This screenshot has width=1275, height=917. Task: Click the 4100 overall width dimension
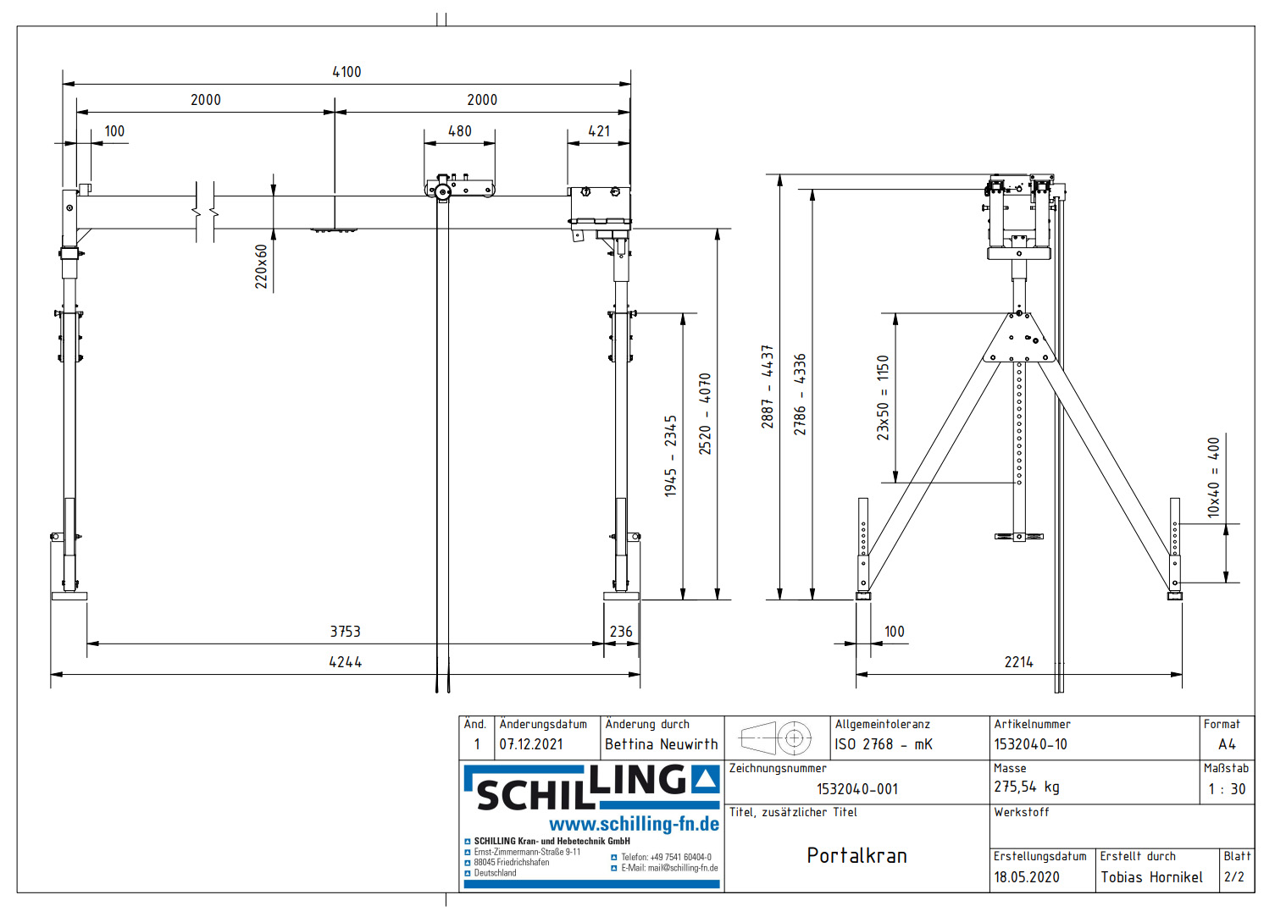(x=346, y=72)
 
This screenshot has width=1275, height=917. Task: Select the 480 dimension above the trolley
(x=460, y=131)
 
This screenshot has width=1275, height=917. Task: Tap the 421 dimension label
(x=599, y=131)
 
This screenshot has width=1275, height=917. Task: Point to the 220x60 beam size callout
(x=261, y=266)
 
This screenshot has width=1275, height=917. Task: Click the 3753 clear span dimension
(x=346, y=632)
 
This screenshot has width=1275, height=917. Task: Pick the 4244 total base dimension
(x=346, y=662)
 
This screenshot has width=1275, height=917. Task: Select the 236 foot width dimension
(x=621, y=632)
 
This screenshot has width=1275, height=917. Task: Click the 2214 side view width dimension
(x=1019, y=662)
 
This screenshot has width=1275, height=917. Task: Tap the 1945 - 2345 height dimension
(x=670, y=456)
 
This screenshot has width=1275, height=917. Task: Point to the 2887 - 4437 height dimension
(x=768, y=387)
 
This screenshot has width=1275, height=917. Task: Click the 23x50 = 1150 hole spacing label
(x=883, y=398)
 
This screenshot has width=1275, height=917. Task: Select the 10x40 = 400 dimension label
(x=1213, y=478)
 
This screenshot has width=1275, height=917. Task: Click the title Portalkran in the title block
(x=856, y=855)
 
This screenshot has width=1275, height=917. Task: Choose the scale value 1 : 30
(x=1228, y=789)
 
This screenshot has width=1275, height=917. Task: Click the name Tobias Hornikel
(x=1151, y=877)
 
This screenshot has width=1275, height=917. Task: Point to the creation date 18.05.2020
(x=1027, y=877)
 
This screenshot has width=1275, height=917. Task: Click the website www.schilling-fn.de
(x=634, y=824)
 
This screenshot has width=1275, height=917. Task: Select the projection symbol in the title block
(x=775, y=738)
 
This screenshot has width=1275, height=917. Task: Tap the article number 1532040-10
(x=1030, y=744)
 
